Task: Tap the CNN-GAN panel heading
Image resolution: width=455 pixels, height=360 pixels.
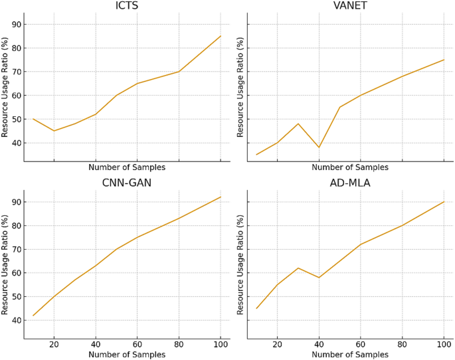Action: tap(127, 183)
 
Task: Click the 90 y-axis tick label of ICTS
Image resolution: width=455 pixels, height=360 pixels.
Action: tap(15, 25)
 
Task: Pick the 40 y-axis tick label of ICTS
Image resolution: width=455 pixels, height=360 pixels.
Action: tap(15, 143)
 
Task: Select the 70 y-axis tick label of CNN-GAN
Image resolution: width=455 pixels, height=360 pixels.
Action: tap(15, 249)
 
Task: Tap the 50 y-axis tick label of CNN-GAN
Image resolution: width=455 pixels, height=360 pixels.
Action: tap(15, 297)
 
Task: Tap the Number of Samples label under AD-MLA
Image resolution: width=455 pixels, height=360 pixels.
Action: tap(350, 355)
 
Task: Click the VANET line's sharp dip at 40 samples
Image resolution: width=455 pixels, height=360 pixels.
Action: tap(319, 147)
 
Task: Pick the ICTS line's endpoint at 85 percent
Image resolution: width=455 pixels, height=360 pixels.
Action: tap(221, 36)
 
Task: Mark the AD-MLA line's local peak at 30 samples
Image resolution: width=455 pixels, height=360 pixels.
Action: tap(298, 268)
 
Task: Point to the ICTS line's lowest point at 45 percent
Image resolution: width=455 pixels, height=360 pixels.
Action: tap(54, 131)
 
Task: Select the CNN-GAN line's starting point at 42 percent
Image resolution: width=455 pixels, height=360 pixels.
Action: tap(33, 315)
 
